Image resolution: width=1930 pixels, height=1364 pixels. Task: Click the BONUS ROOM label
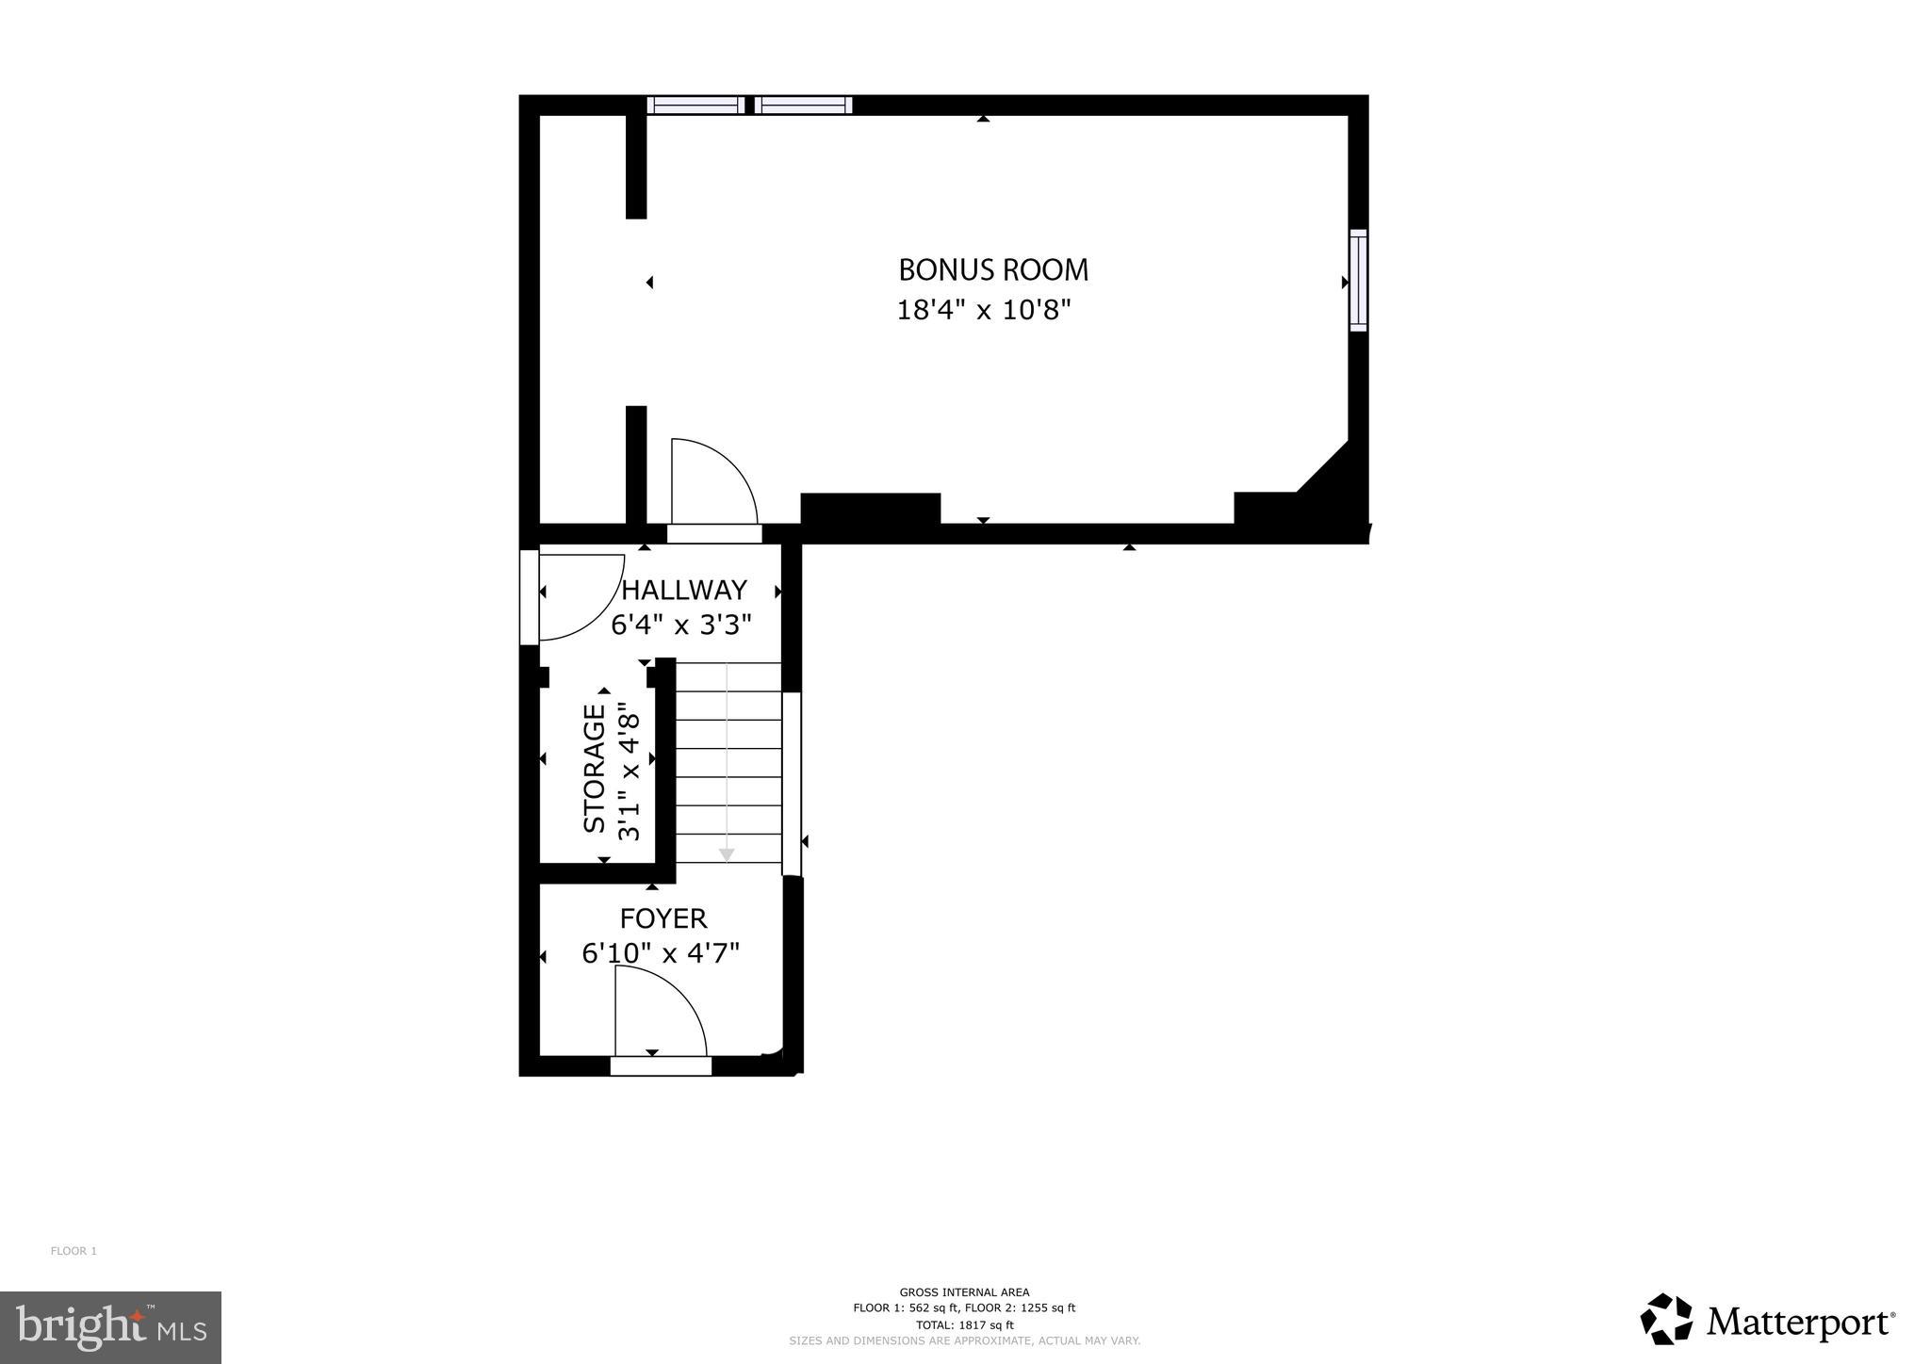[993, 270]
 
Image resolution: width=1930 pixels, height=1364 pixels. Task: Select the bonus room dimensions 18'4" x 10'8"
[984, 310]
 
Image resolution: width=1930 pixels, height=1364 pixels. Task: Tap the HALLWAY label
[684, 590]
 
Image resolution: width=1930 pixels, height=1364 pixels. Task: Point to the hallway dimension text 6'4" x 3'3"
[681, 625]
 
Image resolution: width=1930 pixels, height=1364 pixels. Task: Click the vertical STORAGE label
[595, 769]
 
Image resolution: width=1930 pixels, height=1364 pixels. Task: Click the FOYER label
[662, 918]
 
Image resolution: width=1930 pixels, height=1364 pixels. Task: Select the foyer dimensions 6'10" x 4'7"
[660, 953]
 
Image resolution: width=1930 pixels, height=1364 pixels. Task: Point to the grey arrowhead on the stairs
[727, 854]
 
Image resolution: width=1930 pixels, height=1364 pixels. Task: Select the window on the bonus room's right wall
[1358, 280]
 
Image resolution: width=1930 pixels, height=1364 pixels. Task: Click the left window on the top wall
[695, 105]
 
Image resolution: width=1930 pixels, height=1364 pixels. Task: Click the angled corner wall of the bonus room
[1324, 466]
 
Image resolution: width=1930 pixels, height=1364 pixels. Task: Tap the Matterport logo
[1768, 1323]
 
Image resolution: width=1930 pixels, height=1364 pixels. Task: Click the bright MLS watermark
[110, 1327]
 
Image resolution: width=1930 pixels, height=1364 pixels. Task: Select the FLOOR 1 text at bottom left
[74, 1251]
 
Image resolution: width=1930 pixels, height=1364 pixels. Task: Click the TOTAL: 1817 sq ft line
[964, 1324]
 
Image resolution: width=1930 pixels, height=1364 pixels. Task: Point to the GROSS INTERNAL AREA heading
[964, 1292]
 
